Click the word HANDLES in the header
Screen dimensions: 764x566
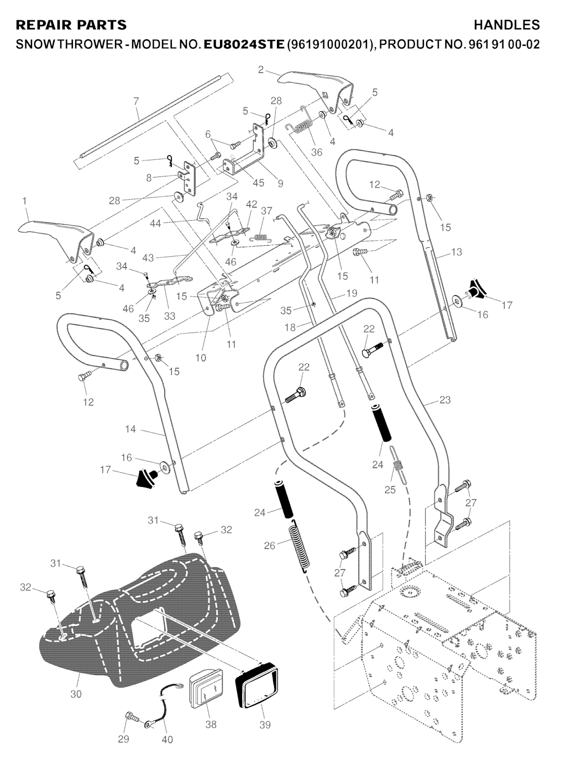(506, 25)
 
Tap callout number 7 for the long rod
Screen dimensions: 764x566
(136, 101)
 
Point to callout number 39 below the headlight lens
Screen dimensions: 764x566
(265, 724)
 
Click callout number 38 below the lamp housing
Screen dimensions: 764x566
(211, 724)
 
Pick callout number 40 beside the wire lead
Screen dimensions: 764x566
(167, 740)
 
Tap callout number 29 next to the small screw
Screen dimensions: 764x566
(124, 740)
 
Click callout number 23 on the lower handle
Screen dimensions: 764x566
(445, 400)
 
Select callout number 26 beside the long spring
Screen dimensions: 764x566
(269, 545)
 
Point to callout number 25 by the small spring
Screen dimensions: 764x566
(390, 490)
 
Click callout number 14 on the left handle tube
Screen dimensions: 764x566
(130, 429)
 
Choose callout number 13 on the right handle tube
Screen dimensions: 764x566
(456, 252)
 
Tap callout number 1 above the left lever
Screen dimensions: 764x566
(25, 202)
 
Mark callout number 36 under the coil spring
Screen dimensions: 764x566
(317, 152)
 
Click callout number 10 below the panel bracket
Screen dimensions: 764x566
(201, 358)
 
